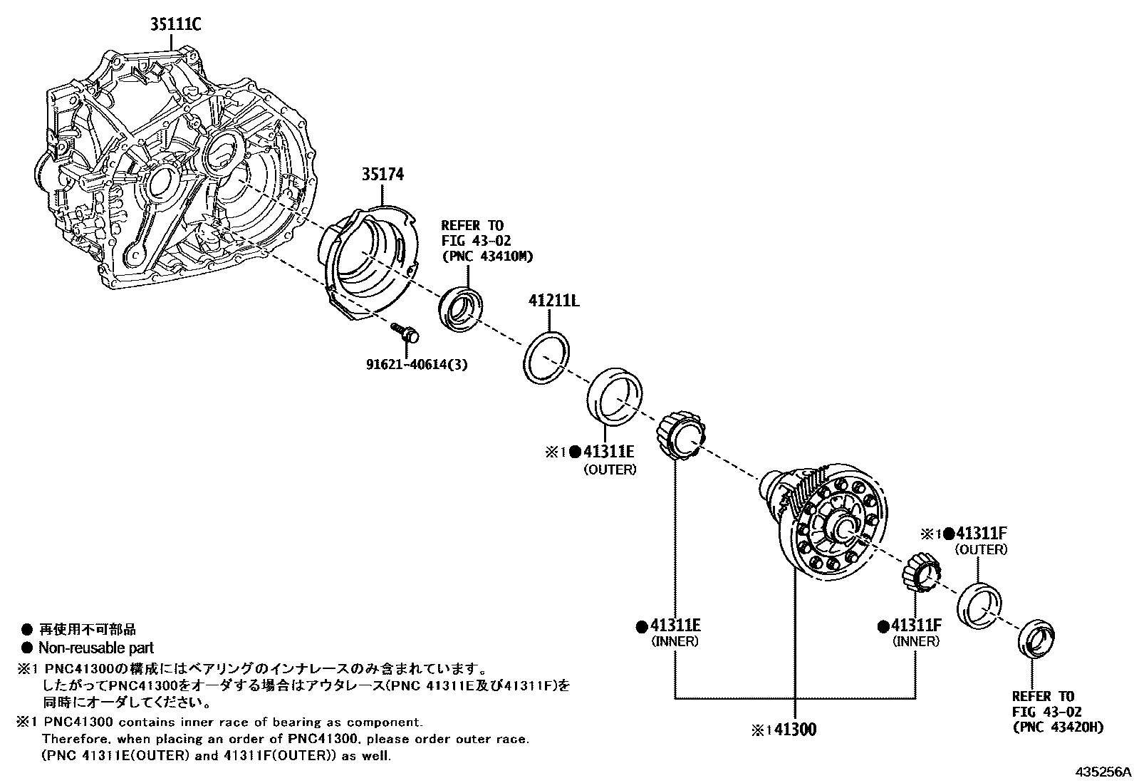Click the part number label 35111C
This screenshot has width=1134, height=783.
(175, 25)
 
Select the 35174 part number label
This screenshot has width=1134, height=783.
(382, 175)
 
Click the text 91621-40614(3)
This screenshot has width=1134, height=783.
(417, 364)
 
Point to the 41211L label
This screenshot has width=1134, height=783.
(553, 301)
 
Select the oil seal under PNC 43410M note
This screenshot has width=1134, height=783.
(459, 308)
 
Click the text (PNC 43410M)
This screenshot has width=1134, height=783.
(487, 256)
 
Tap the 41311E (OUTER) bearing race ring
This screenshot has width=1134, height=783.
(614, 394)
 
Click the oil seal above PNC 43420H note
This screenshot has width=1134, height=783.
(1036, 640)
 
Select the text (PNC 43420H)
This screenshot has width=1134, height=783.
(1058, 727)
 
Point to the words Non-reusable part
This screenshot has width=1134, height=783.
(95, 648)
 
